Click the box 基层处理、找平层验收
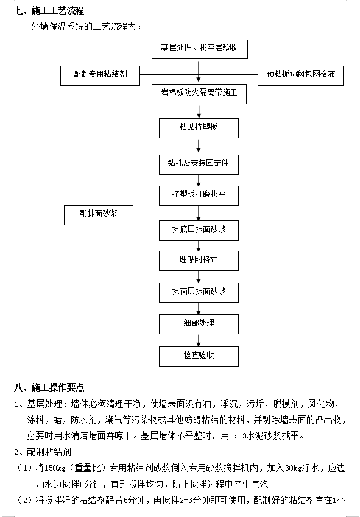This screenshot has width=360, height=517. coord(199,49)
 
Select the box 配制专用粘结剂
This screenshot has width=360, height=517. coord(101,76)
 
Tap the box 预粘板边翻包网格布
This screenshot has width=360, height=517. coord(300,76)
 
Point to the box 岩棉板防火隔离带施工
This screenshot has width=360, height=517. coord(199,94)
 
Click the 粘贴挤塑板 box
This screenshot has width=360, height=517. coord(199,128)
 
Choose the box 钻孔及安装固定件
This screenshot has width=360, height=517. coord(199,164)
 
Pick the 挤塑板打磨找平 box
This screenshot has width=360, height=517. coord(199,195)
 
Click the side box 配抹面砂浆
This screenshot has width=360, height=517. coord(99,215)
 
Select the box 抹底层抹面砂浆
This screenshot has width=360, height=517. coord(199,230)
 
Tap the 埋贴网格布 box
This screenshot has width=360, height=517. coord(199,261)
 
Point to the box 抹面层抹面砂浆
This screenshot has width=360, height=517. coord(199,292)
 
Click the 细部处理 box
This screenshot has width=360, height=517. coord(199,324)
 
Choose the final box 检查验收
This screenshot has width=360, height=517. coord(199,356)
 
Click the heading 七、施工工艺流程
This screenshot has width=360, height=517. coord(49,11)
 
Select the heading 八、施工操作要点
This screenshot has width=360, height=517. coord(49,387)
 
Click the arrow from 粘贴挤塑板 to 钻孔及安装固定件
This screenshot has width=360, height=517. coord(199,146)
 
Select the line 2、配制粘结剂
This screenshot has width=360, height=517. coord(43,452)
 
